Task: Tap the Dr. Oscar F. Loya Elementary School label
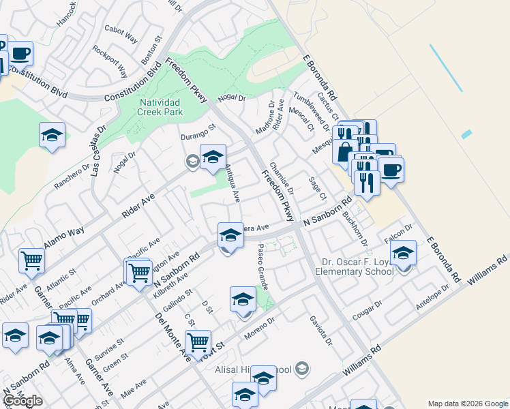point(354,266)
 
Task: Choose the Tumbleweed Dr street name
point(310,108)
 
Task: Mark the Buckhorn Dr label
point(355,228)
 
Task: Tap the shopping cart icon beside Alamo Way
point(31,260)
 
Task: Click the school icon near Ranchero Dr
point(52,134)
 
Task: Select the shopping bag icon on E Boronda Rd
point(345,151)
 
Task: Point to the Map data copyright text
point(467,404)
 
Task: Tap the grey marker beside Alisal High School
point(303,369)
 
